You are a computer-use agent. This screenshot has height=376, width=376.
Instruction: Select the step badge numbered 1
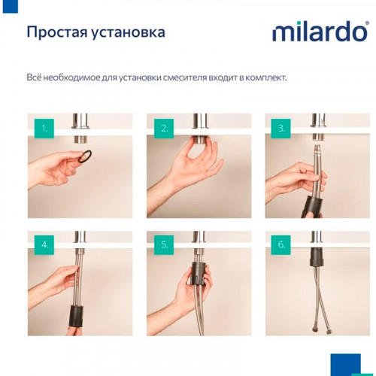[x=44, y=129]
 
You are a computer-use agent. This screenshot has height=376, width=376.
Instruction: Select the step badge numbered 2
[x=163, y=129]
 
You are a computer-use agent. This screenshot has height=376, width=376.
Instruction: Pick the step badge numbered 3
[x=281, y=129]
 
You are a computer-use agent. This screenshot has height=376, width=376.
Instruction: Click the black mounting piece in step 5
[x=199, y=275]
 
